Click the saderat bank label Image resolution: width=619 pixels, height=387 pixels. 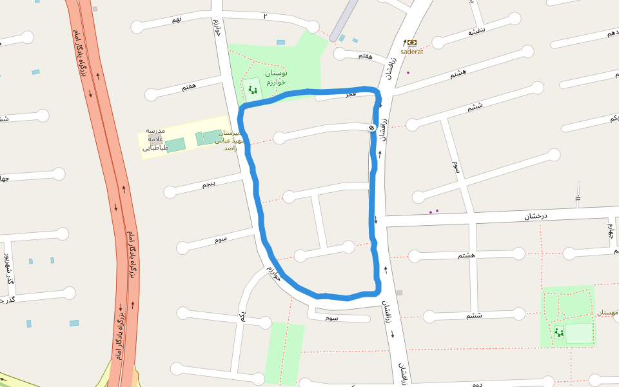click(x=411, y=52)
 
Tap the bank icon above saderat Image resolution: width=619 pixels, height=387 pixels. click(x=412, y=43)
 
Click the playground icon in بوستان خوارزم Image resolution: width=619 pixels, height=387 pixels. click(x=253, y=90)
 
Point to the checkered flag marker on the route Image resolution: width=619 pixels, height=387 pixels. click(x=373, y=128)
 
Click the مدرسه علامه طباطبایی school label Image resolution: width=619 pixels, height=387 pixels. click(x=155, y=139)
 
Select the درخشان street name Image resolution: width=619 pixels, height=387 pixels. click(x=535, y=216)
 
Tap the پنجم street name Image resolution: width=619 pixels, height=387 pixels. click(x=209, y=184)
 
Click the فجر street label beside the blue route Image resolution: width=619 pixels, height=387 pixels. click(x=350, y=95)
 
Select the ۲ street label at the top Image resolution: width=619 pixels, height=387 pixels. click(x=265, y=15)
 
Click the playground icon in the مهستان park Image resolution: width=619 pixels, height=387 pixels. click(x=558, y=332)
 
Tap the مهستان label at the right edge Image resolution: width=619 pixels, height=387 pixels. click(x=607, y=313)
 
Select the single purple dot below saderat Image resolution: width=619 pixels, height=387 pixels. click(x=408, y=73)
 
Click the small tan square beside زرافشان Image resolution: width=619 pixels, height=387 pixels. click(x=399, y=293)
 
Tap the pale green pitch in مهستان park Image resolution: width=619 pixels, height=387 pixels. click(x=578, y=333)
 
